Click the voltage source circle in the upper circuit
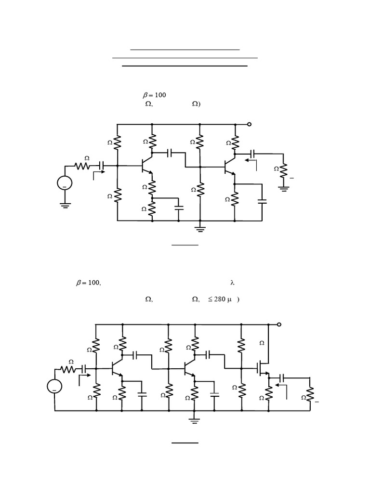point(65,183)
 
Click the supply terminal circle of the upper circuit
point(249,124)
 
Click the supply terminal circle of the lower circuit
point(279,325)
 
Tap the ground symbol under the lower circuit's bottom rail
point(194,421)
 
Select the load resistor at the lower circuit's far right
point(310,396)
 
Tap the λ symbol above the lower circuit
point(232,283)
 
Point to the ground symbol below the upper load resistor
point(283,188)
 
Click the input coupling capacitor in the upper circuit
point(101,166)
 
